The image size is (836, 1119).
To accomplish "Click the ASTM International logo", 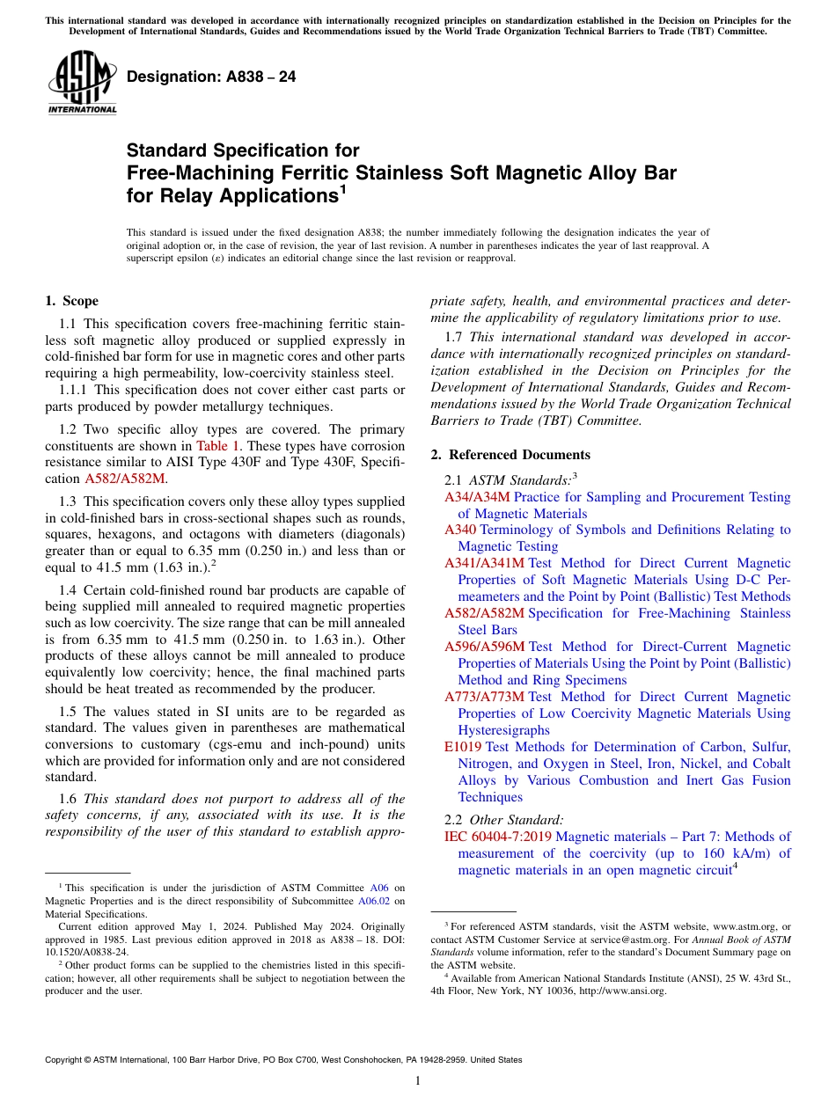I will pos(82,84).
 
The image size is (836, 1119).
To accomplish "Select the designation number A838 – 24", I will pos(211,77).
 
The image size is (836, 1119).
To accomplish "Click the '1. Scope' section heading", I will pos(71,301).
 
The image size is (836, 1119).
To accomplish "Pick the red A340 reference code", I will pos(460,530).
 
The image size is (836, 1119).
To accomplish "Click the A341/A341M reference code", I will pos(484,563).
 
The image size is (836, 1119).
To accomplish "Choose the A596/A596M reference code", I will pos(484,647).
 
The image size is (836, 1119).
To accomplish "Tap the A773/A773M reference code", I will pos(484,697).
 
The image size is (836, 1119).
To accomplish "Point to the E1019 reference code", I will pos(463,747).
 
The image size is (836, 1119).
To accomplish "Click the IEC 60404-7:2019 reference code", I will pos(498,837).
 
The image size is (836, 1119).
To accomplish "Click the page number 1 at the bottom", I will pos(418,1081).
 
